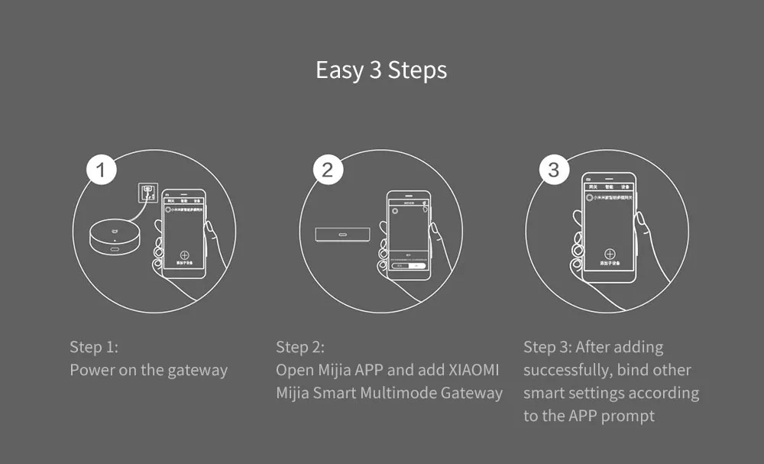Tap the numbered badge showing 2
(327, 170)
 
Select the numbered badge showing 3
(554, 170)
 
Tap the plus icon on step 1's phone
(183, 256)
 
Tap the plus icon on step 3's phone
(609, 254)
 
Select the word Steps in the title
(417, 70)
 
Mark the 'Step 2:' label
(300, 347)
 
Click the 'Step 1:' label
(94, 347)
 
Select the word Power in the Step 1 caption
(90, 370)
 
